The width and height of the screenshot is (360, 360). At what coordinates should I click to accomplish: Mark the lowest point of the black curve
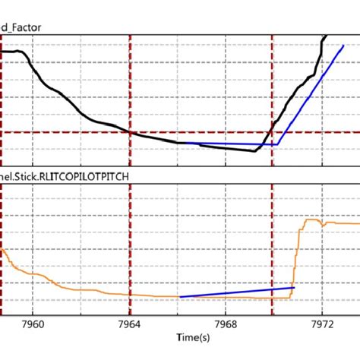[254, 150]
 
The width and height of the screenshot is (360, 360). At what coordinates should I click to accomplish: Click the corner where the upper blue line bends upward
[278, 144]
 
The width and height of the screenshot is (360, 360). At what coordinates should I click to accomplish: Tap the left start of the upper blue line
[180, 143]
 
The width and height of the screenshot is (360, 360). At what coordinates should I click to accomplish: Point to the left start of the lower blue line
[180, 296]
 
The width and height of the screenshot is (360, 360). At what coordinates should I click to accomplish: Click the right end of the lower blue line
[292, 288]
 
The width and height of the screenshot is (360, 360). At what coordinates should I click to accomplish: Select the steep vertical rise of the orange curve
[295, 254]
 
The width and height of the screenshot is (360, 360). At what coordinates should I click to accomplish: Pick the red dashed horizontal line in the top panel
[76, 132]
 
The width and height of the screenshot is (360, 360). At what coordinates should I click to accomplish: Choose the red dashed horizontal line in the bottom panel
[76, 300]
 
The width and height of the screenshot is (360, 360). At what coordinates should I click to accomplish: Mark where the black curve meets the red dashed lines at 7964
[131, 132]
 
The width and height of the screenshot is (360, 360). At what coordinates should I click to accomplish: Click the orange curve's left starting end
[2, 249]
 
